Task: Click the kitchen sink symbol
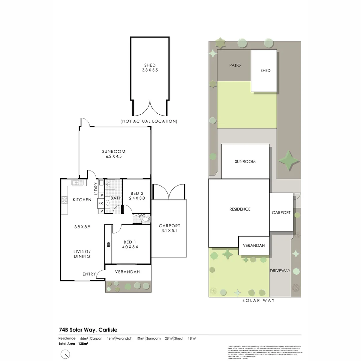click(x=78, y=183)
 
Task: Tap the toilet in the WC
click(x=146, y=219)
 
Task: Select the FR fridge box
click(x=101, y=203)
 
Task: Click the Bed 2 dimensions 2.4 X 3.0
click(x=137, y=198)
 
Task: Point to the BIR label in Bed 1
click(x=108, y=244)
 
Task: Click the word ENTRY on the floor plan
click(x=89, y=274)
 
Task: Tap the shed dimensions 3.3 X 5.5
click(x=150, y=71)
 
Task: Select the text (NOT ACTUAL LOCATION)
click(x=149, y=121)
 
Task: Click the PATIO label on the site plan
click(x=235, y=66)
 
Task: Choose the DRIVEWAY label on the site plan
click(x=280, y=271)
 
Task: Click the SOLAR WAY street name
click(x=259, y=300)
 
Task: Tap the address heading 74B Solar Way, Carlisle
click(x=88, y=330)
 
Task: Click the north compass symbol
click(x=66, y=354)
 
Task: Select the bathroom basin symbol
click(x=107, y=203)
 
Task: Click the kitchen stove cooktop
click(x=65, y=200)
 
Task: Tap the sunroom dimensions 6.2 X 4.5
click(x=114, y=156)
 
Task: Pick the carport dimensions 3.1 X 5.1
click(x=169, y=230)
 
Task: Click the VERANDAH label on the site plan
click(x=254, y=245)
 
